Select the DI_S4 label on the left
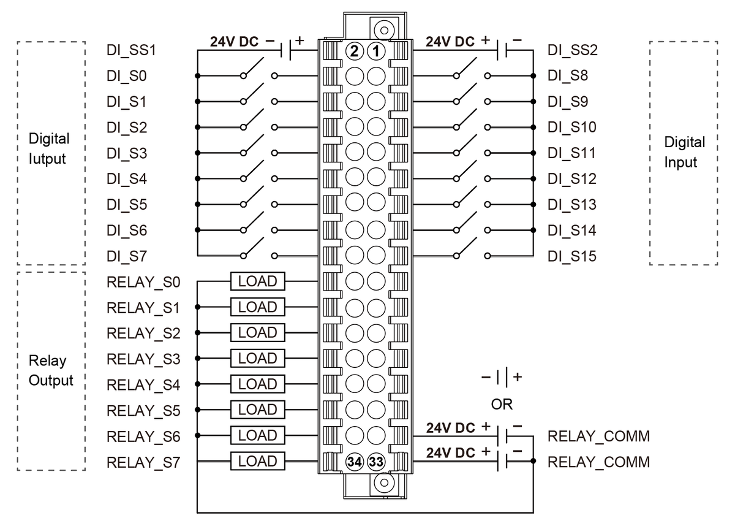point(126,179)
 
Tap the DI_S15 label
point(572,256)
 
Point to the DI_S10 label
point(572,128)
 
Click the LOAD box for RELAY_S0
point(257,281)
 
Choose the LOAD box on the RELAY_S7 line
point(257,461)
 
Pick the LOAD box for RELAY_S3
point(257,358)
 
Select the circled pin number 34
point(355,462)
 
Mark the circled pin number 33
point(375,462)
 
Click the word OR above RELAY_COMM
point(502,405)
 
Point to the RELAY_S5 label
point(143,410)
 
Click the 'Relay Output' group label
point(50,370)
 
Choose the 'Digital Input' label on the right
point(684,152)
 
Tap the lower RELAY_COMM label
point(598,462)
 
